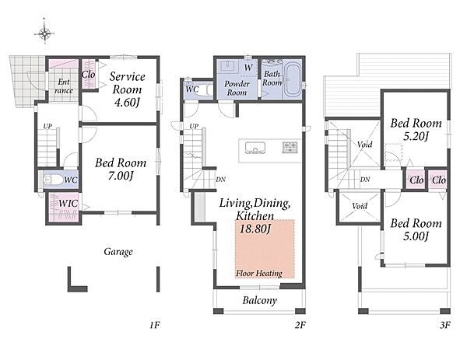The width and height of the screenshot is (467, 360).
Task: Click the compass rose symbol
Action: click(44, 33)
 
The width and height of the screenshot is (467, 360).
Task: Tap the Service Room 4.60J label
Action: click(127, 89)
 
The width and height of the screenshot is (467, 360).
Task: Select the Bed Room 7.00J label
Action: click(121, 169)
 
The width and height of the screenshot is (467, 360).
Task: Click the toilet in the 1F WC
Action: click(53, 180)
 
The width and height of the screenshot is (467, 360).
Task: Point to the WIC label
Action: click(68, 204)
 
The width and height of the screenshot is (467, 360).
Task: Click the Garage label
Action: click(118, 252)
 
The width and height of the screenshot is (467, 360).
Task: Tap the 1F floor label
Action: click(155, 325)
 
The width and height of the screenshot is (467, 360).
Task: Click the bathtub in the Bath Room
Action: click(292, 80)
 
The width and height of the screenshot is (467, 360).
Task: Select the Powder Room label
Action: click(237, 88)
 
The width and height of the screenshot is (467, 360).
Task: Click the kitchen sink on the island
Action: click(255, 148)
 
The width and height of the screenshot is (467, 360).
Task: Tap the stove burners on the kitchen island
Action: click(290, 147)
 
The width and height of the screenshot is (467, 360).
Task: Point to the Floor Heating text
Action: click(259, 273)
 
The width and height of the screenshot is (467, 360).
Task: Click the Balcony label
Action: click(260, 300)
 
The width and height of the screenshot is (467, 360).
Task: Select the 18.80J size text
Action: click(255, 229)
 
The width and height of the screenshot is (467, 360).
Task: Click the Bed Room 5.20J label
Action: click(416, 129)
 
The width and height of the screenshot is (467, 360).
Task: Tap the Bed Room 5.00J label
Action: click(416, 229)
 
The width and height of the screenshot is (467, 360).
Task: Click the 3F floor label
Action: click(445, 325)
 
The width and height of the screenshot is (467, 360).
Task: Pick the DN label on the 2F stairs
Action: click(221, 180)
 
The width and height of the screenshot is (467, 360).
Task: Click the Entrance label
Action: click(64, 86)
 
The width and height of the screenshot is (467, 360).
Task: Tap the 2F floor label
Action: click(300, 325)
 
